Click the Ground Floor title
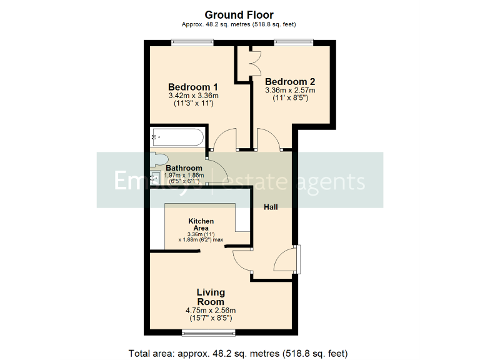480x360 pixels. tap(239, 14)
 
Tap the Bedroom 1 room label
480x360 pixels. tap(193, 87)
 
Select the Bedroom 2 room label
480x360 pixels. tap(290, 81)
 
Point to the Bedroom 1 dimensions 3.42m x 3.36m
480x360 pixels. tap(193, 96)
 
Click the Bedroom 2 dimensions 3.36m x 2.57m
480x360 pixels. tap(290, 91)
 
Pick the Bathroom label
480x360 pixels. tap(184, 168)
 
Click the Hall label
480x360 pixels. tap(271, 207)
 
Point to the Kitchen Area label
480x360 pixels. tap(201, 224)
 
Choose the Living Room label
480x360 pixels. tap(211, 297)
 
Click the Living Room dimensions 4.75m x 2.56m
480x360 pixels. tap(211, 311)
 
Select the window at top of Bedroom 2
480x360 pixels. tap(293, 42)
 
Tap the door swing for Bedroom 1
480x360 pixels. tap(223, 139)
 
